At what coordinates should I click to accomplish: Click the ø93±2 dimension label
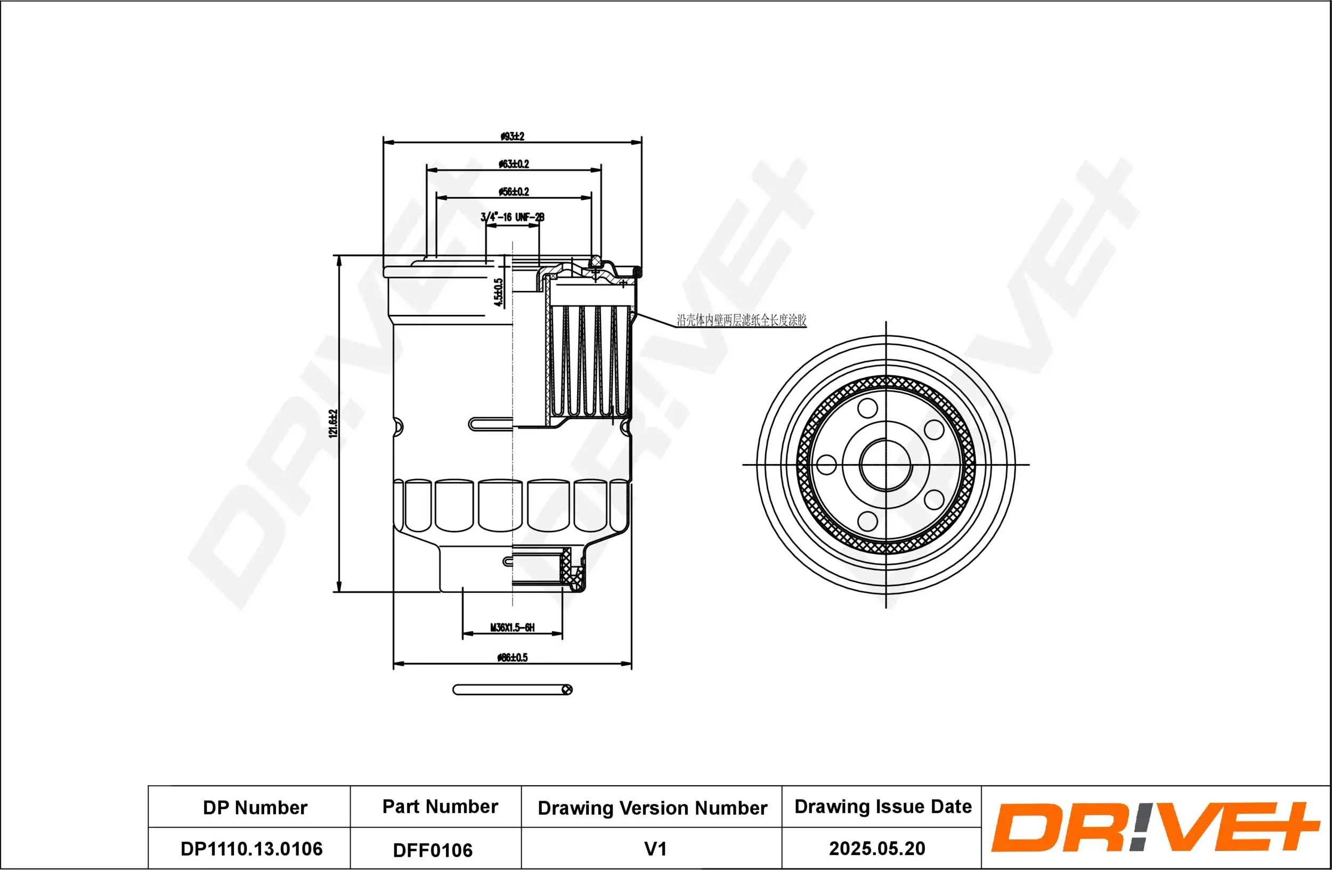[512, 136]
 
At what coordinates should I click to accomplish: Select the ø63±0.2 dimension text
[514, 164]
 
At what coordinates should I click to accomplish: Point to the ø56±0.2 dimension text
[514, 191]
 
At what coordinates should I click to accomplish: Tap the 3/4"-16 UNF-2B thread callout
[512, 217]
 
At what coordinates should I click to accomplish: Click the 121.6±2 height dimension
[334, 424]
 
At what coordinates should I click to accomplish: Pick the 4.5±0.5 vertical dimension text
[498, 292]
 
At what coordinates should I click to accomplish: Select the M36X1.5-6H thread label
[512, 627]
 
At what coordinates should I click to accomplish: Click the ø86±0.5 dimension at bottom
[512, 657]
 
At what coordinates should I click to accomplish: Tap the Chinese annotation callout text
[742, 320]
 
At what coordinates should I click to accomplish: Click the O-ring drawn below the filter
[512, 690]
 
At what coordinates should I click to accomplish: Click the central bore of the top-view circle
[886, 465]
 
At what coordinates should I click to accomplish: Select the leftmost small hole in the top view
[826, 465]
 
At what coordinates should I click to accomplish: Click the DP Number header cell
[255, 807]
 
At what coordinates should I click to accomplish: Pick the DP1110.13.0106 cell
[251, 849]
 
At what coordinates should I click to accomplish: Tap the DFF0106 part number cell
[433, 850]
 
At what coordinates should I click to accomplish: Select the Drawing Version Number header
[652, 808]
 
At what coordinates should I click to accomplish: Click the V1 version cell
[655, 849]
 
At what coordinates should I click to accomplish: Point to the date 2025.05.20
[877, 848]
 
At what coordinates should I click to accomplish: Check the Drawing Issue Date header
[883, 806]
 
